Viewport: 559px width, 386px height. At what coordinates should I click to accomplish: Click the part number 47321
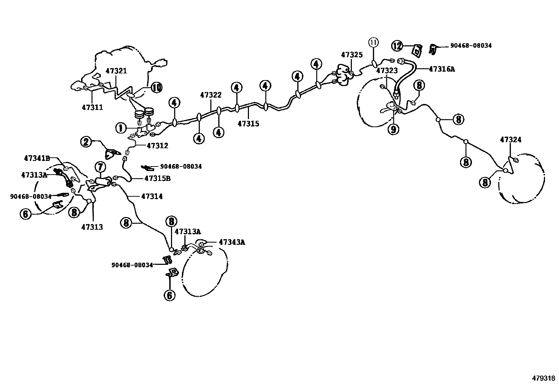click(116, 71)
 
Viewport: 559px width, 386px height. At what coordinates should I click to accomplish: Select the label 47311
click(92, 107)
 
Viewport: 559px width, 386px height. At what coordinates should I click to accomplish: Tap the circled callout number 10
click(157, 87)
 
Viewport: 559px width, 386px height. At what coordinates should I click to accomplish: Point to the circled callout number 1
click(121, 128)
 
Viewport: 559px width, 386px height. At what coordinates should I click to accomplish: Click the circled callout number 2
click(85, 142)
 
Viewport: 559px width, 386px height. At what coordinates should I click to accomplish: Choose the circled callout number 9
click(393, 129)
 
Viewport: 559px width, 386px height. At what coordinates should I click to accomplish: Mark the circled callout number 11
click(374, 43)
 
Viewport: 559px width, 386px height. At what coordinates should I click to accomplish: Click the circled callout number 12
click(397, 46)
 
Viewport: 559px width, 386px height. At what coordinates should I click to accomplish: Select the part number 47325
click(351, 55)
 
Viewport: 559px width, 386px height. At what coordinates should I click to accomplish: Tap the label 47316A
click(442, 69)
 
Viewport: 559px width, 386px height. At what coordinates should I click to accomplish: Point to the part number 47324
click(511, 140)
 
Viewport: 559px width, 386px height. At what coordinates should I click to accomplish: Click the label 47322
click(211, 95)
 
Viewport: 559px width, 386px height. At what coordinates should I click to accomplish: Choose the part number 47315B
click(157, 178)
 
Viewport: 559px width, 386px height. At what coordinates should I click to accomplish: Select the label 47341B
click(37, 158)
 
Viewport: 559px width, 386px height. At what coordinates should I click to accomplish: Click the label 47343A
click(232, 242)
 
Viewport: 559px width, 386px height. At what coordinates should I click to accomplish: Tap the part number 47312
click(157, 145)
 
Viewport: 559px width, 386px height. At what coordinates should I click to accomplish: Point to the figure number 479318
click(544, 378)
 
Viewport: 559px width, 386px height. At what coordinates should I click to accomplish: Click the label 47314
click(152, 196)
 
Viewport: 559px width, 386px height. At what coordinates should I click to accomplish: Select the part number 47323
click(387, 71)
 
